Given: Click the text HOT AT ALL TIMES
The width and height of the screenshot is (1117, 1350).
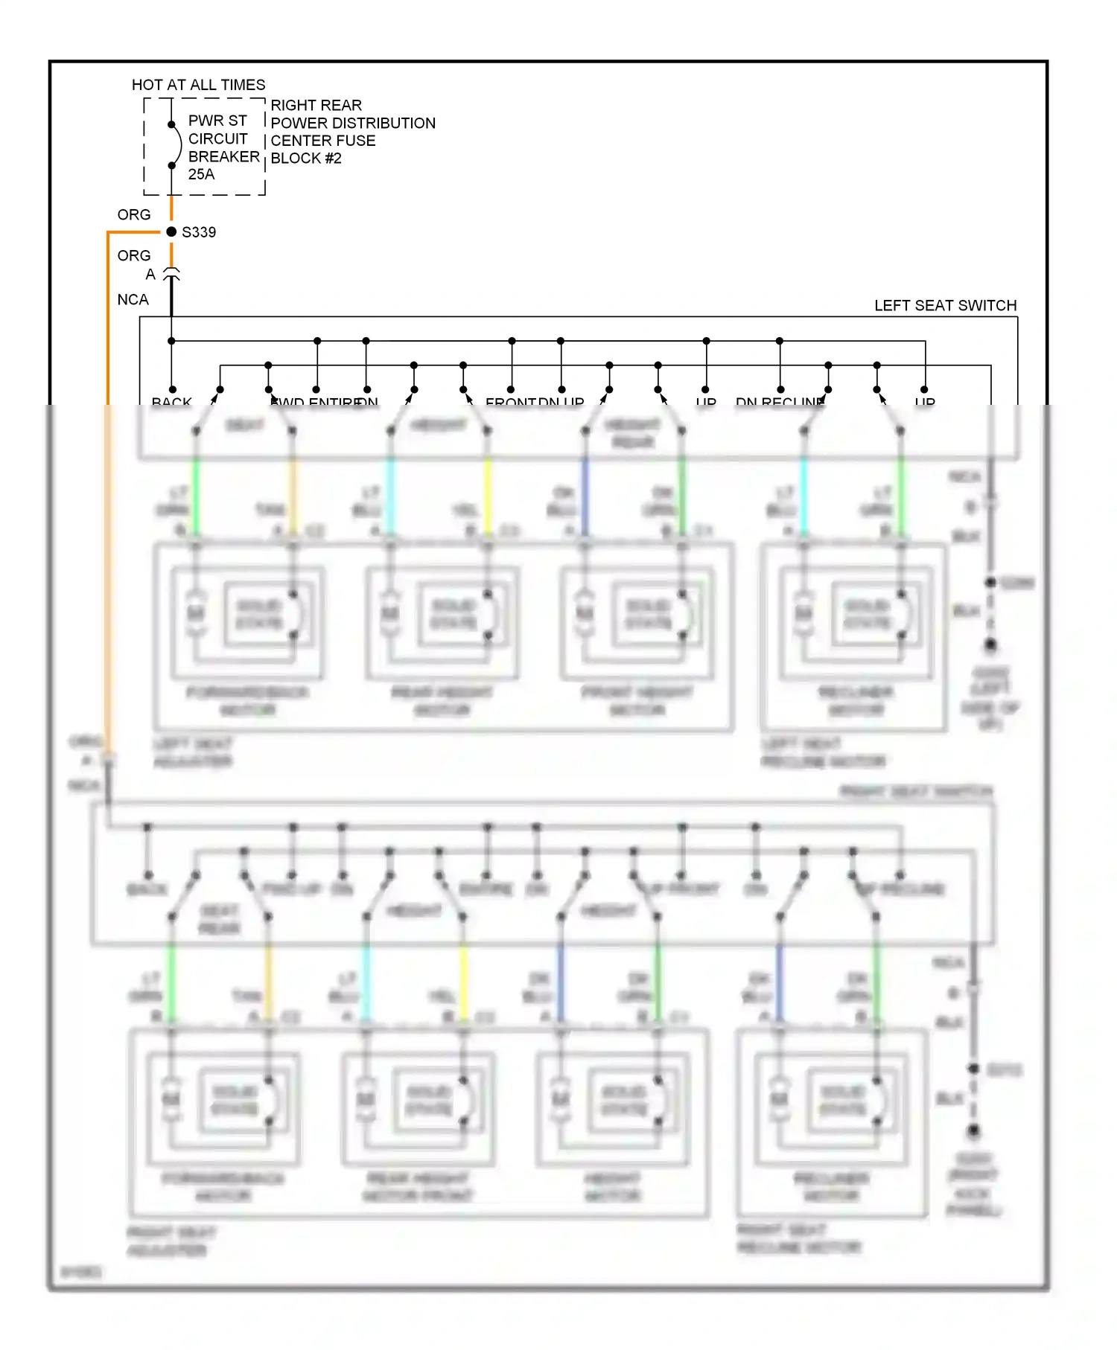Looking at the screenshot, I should point(198,85).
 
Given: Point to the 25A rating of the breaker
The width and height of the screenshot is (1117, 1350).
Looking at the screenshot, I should point(201,174).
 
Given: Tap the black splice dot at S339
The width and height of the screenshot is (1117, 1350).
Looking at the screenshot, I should point(171,232).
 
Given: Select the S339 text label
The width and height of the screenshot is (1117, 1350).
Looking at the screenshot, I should point(199,232).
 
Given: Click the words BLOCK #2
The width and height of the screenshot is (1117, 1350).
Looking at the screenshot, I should point(305,159).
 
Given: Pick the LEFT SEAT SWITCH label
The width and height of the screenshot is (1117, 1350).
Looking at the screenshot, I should point(944,306).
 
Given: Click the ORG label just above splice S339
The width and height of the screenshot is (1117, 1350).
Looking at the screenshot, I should point(134,215).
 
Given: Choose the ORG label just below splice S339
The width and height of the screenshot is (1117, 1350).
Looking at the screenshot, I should point(134,256).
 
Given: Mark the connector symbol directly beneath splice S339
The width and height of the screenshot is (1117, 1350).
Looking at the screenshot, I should point(171,275).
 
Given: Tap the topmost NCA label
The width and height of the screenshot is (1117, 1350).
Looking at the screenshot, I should point(133,300).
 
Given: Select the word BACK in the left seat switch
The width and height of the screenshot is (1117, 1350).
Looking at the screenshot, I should point(171,402).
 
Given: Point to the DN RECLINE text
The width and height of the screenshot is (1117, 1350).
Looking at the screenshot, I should point(780,402).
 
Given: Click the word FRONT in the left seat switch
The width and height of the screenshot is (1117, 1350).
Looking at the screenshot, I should point(510,402).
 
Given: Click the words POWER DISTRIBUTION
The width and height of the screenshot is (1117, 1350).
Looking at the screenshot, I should point(353,124).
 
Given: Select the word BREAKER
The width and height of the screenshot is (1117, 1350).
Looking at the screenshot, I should point(223,157).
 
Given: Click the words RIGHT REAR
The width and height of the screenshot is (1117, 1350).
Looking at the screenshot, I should point(316,106).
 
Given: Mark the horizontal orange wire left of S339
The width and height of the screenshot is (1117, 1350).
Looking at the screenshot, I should point(134,233).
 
